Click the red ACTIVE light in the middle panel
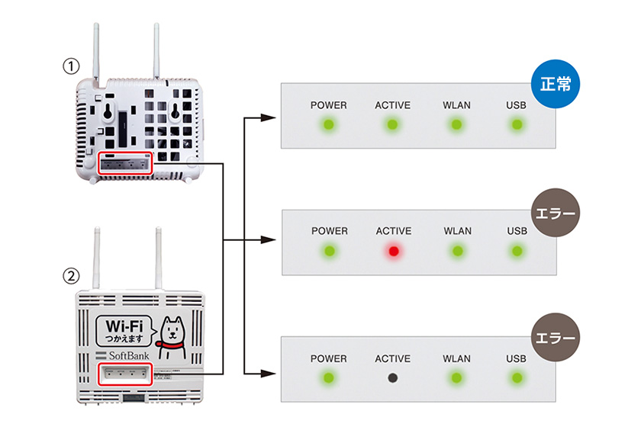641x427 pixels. tap(393, 250)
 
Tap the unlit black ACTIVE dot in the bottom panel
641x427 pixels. tap(393, 377)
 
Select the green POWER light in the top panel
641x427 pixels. tap(329, 124)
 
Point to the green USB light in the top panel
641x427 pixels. tap(517, 124)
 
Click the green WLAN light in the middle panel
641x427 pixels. tap(457, 250)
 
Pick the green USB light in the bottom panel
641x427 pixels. tap(517, 377)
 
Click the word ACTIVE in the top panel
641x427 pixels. tap(393, 104)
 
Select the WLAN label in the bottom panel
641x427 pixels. tap(457, 358)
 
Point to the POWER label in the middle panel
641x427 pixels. tap(329, 231)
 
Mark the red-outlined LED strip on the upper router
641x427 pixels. tap(126, 162)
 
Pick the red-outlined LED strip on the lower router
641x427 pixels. tap(127, 374)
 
